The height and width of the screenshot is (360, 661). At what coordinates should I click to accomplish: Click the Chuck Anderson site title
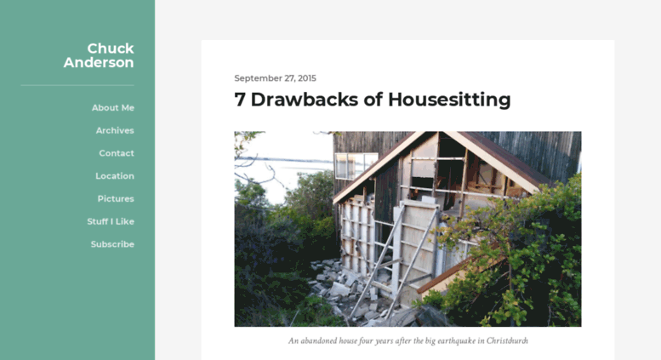[99, 55]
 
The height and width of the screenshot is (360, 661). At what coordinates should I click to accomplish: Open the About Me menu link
[113, 108]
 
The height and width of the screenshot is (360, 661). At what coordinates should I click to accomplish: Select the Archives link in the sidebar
[115, 131]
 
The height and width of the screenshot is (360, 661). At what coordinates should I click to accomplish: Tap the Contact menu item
[117, 153]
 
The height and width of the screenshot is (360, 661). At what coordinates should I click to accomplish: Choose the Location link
[115, 176]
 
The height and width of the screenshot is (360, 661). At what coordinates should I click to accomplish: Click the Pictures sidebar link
[116, 199]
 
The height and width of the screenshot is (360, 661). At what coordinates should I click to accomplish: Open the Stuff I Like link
[111, 222]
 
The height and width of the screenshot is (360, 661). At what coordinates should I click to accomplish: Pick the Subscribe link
[112, 244]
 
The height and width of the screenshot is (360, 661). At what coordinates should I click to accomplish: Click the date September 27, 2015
[276, 78]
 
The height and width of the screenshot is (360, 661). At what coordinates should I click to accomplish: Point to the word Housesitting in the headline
[449, 100]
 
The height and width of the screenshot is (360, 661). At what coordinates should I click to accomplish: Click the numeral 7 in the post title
[240, 100]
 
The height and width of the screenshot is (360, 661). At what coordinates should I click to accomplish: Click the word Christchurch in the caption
[507, 340]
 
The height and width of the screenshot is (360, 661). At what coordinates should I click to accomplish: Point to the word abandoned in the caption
[319, 340]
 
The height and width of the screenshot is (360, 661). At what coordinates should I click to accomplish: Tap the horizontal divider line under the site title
[77, 85]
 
